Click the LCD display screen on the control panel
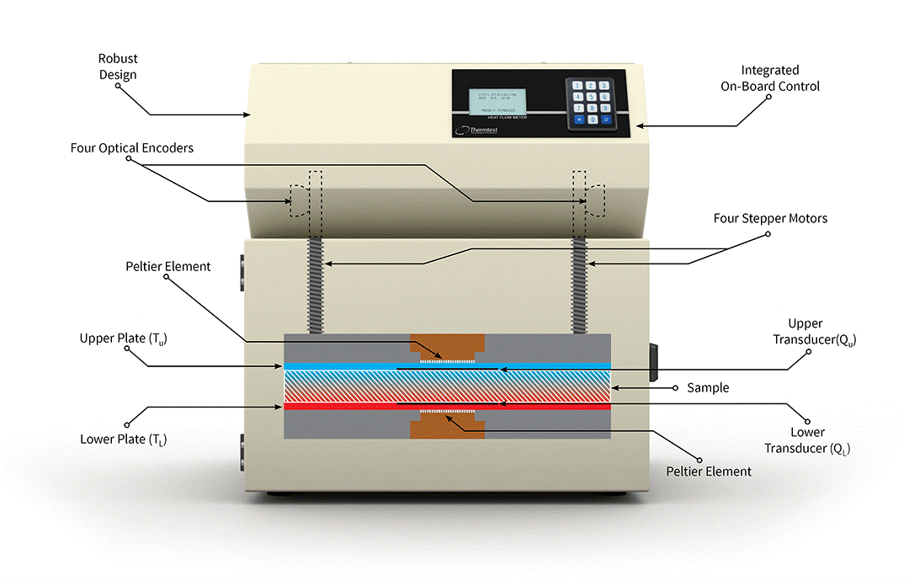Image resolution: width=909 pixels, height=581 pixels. [x=498, y=102]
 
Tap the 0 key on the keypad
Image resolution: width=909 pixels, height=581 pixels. [x=593, y=120]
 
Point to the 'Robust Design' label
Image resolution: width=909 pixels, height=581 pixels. [x=118, y=67]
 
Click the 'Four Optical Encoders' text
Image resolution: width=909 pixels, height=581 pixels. [x=132, y=148]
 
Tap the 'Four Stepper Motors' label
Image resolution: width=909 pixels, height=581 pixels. [x=770, y=218]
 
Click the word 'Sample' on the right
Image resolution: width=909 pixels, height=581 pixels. [x=707, y=387]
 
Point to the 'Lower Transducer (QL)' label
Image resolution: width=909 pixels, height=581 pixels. [x=807, y=440]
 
